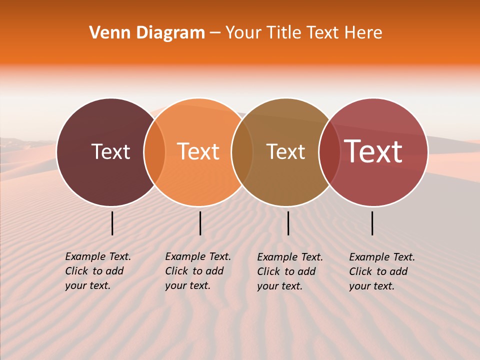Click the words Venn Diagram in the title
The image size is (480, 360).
(147, 33)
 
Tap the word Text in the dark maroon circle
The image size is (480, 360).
(110, 151)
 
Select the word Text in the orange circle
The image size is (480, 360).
(198, 151)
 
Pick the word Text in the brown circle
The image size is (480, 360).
(285, 151)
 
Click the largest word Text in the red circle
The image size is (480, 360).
(373, 151)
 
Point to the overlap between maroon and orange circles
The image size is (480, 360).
(154, 152)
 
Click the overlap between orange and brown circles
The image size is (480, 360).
(242, 152)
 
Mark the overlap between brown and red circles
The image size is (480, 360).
(329, 152)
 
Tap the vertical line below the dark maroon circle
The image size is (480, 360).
(112, 223)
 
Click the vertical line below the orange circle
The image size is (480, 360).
(200, 223)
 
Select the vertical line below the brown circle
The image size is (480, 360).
(288, 223)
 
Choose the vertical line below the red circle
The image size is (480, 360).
(372, 223)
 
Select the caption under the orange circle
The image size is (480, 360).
(197, 271)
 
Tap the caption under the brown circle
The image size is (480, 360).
(289, 271)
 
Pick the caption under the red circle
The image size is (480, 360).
(381, 271)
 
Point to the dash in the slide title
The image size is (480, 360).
(214, 33)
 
